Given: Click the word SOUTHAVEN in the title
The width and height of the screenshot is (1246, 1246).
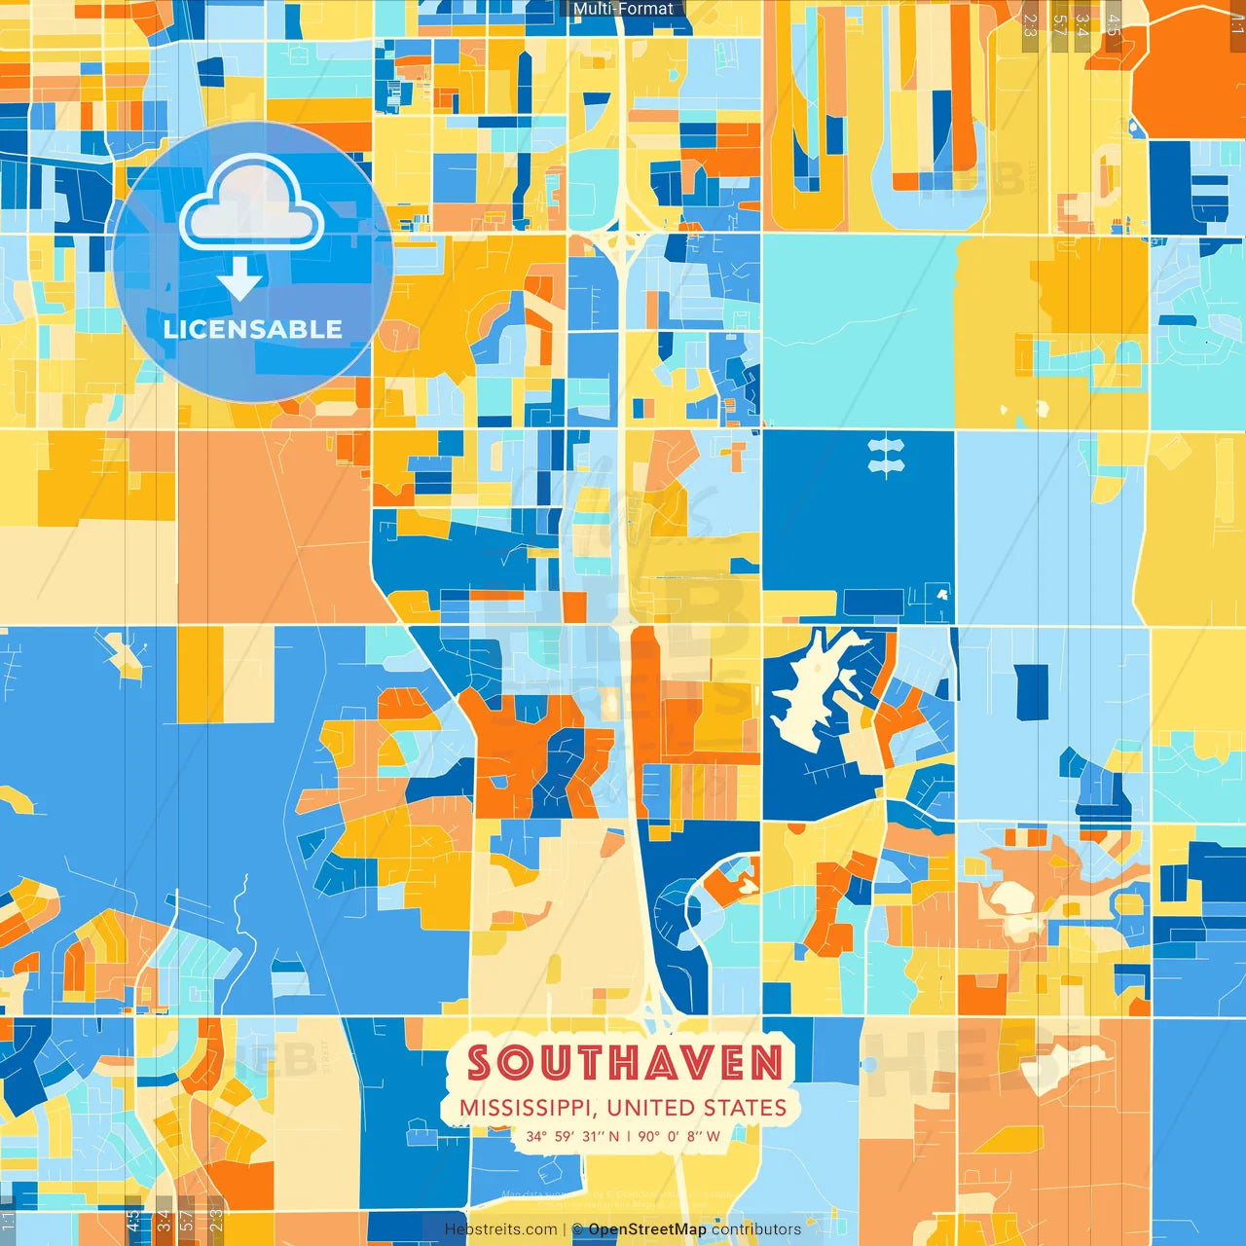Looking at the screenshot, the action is [x=625, y=1063].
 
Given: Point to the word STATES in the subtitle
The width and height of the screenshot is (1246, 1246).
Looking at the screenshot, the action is [x=745, y=1109].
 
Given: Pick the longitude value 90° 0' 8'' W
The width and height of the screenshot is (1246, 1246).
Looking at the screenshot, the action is [x=679, y=1136].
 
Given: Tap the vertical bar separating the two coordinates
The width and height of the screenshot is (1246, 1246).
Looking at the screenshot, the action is [x=629, y=1136].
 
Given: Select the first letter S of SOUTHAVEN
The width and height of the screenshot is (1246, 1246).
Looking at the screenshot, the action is [x=480, y=1063].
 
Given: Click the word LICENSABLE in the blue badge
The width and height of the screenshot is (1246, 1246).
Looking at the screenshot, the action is [x=253, y=329].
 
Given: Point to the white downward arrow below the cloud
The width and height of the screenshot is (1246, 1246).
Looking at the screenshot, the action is [x=239, y=280].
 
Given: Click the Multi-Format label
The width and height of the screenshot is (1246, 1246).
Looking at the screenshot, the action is [x=623, y=9].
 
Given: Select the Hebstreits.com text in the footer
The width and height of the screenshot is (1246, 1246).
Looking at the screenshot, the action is [x=500, y=1229].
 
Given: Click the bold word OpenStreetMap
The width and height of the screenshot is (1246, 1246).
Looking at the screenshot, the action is [x=647, y=1229].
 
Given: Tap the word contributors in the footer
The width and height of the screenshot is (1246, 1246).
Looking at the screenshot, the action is [x=756, y=1229].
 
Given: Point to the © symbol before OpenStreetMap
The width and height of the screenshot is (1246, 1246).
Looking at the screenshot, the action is [x=577, y=1229].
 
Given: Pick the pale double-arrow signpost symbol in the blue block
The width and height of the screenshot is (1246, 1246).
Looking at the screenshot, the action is [x=886, y=457].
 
